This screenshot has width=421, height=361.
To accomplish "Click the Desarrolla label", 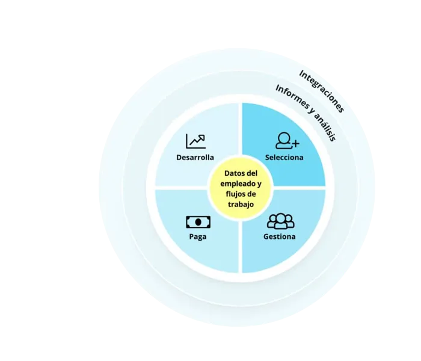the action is click(x=195, y=158).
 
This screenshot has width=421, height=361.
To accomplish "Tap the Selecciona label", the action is click(x=284, y=158).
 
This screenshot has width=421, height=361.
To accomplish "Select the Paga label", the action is click(x=197, y=236).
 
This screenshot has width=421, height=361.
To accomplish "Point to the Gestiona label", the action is click(x=279, y=236).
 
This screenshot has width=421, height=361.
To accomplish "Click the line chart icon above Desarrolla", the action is click(x=195, y=141).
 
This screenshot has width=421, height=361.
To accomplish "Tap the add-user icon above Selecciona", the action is click(x=287, y=140).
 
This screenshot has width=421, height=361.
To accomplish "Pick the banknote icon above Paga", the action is click(x=198, y=221).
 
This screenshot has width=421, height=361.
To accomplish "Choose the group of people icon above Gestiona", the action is click(x=280, y=221).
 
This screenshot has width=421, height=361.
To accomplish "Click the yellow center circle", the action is click(x=240, y=188).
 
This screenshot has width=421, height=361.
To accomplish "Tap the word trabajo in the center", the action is click(x=240, y=205).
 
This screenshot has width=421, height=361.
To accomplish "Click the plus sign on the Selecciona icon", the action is click(x=295, y=143).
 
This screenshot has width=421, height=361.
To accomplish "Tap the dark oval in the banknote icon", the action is click(x=198, y=221).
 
